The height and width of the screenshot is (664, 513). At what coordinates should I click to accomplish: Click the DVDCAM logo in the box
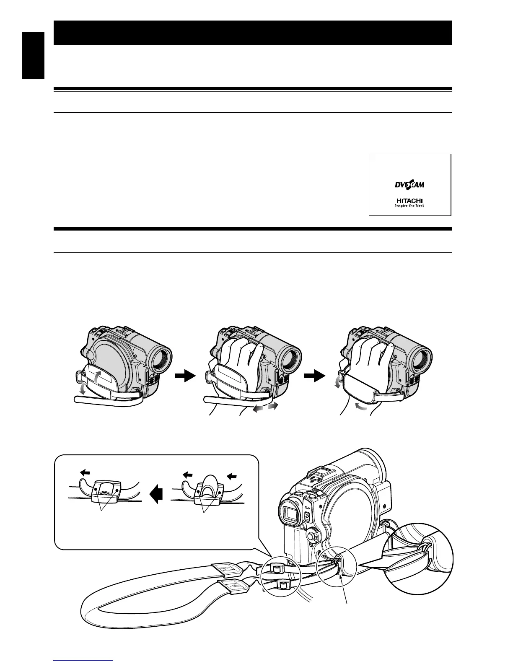tap(409, 185)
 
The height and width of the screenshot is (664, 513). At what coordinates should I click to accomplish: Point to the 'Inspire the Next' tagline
tap(409, 205)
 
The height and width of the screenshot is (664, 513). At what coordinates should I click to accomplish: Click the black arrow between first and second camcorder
tap(184, 377)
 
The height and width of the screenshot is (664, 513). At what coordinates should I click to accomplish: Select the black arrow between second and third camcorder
tap(314, 377)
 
